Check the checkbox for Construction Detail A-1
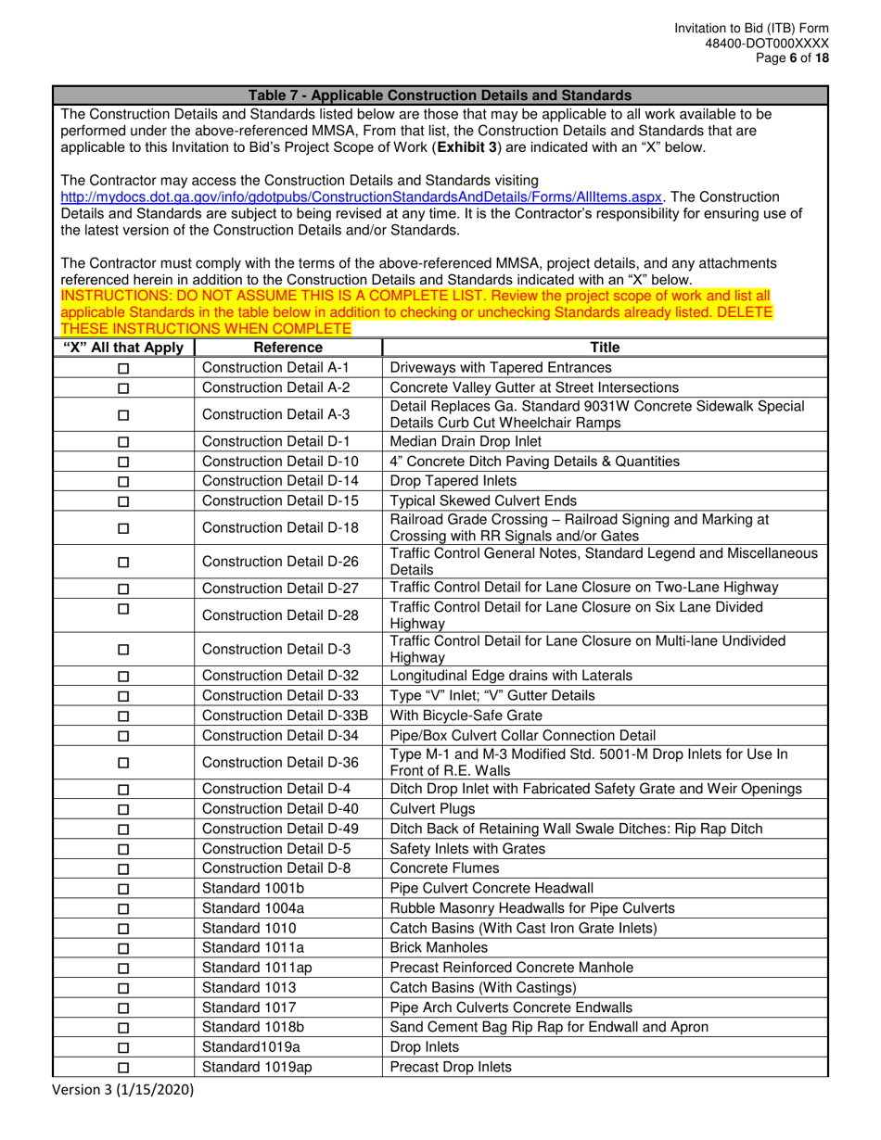(x=123, y=368)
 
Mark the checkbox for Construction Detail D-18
(x=123, y=529)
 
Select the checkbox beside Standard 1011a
(x=123, y=948)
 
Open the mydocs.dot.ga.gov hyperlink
(x=362, y=197)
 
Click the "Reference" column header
(x=288, y=348)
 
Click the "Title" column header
(x=604, y=348)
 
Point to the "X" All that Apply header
(x=123, y=348)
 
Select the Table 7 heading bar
(x=440, y=95)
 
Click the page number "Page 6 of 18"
(x=787, y=57)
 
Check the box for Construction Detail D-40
(x=123, y=809)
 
